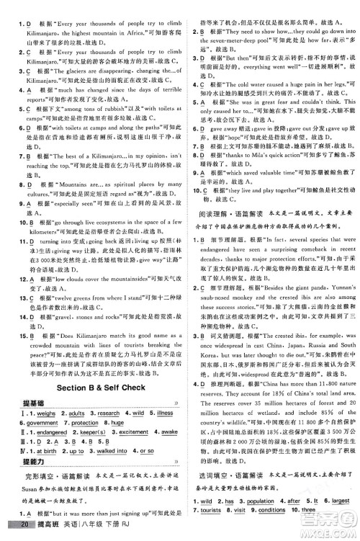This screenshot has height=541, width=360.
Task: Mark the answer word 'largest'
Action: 343,519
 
